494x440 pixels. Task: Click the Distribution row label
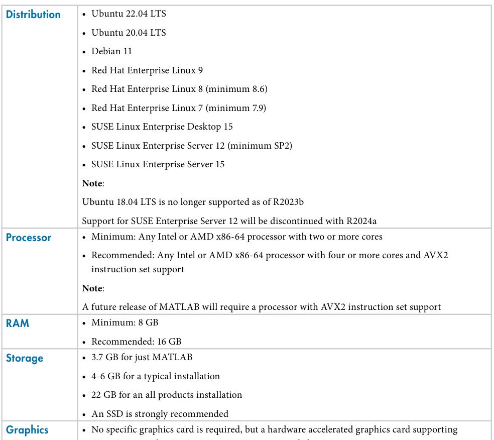pyautogui.click(x=33, y=15)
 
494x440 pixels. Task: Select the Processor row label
pyautogui.click(x=29, y=238)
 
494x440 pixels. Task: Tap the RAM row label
pyautogui.click(x=18, y=323)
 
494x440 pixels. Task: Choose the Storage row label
pyautogui.click(x=25, y=358)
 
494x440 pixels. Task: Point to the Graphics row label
pyautogui.click(x=27, y=430)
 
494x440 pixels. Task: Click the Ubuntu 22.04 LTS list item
pyautogui.click(x=129, y=14)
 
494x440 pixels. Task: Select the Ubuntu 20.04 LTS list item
pyautogui.click(x=129, y=33)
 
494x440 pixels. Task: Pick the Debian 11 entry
pyautogui.click(x=111, y=51)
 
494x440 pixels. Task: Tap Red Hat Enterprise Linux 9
pyautogui.click(x=147, y=70)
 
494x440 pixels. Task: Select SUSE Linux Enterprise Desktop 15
pyautogui.click(x=162, y=127)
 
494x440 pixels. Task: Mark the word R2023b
pyautogui.click(x=289, y=202)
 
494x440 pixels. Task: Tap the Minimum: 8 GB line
pyautogui.click(x=125, y=322)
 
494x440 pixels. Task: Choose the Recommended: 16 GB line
pyautogui.click(x=136, y=342)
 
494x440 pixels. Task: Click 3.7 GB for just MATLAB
pyautogui.click(x=142, y=357)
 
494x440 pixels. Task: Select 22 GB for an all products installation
pyautogui.click(x=167, y=395)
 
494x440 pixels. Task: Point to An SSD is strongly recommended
pyautogui.click(x=160, y=414)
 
